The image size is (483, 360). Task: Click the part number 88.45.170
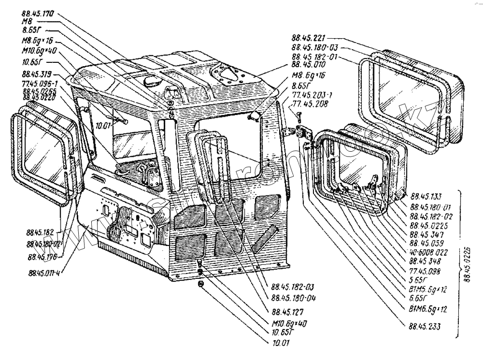[x=38, y=14]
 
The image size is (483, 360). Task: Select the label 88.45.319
[x=37, y=75]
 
